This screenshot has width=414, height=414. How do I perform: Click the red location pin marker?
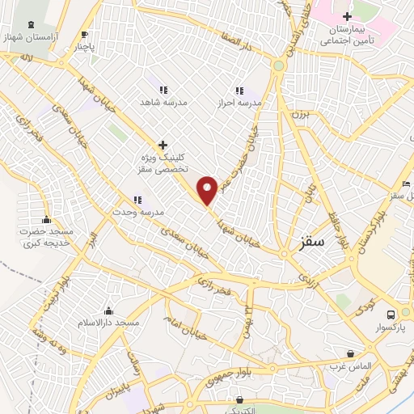pos(208,190)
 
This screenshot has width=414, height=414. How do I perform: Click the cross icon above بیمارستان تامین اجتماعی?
pos(346,16)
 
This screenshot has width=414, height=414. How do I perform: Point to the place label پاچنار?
pos(87,47)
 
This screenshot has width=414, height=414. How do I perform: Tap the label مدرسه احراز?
pos(239,104)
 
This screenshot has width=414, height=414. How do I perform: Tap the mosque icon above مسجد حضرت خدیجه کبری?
pos(47,219)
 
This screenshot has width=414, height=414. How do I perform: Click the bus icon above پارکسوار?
pos(391,315)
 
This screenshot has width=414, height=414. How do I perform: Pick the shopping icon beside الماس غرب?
pos(349,354)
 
